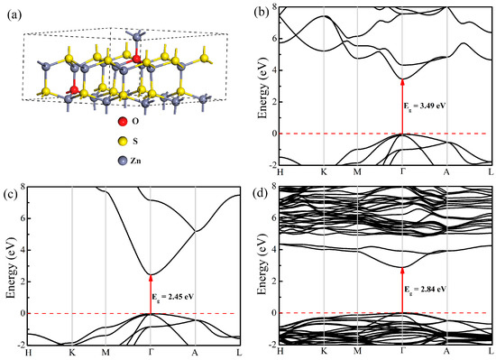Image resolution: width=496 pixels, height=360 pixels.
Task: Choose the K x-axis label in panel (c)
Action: coord(72,352)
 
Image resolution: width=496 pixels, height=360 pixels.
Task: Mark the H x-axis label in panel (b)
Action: coord(282,172)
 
